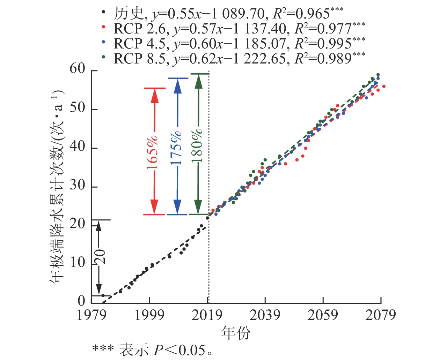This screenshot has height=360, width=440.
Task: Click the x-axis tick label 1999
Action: point(149,315)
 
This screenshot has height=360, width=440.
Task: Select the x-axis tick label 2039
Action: point(265,315)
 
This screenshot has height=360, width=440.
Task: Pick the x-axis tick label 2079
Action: point(381,315)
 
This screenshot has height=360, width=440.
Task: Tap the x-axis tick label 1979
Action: point(91,315)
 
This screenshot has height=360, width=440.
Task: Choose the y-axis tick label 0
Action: point(81,301)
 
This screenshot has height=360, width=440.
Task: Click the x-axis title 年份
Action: point(236,333)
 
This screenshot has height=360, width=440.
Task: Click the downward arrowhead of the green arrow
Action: point(198,206)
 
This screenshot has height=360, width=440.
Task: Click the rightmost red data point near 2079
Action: point(384,86)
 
